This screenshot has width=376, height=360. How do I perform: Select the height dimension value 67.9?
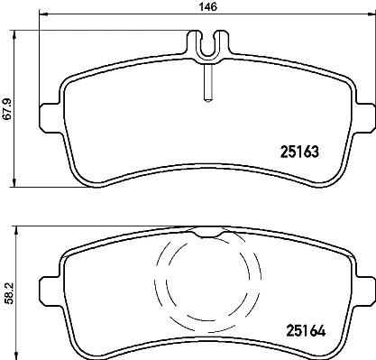point(7,107)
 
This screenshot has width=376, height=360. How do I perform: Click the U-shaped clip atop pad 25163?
point(206,48)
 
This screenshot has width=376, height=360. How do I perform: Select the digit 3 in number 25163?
point(317,152)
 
